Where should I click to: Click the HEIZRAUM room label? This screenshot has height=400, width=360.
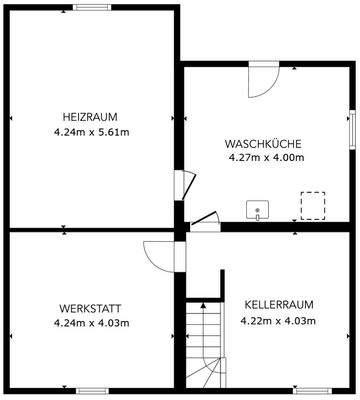[91, 115]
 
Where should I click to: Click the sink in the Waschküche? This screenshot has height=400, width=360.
[259, 209]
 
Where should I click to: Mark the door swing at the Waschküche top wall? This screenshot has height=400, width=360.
[262, 79]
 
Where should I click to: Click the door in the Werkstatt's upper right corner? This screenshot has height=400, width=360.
[158, 254]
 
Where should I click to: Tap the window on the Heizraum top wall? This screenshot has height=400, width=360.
[91, 7]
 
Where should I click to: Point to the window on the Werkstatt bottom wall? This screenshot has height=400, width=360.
[91, 391]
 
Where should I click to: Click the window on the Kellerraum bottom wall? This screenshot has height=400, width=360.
[310, 391]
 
